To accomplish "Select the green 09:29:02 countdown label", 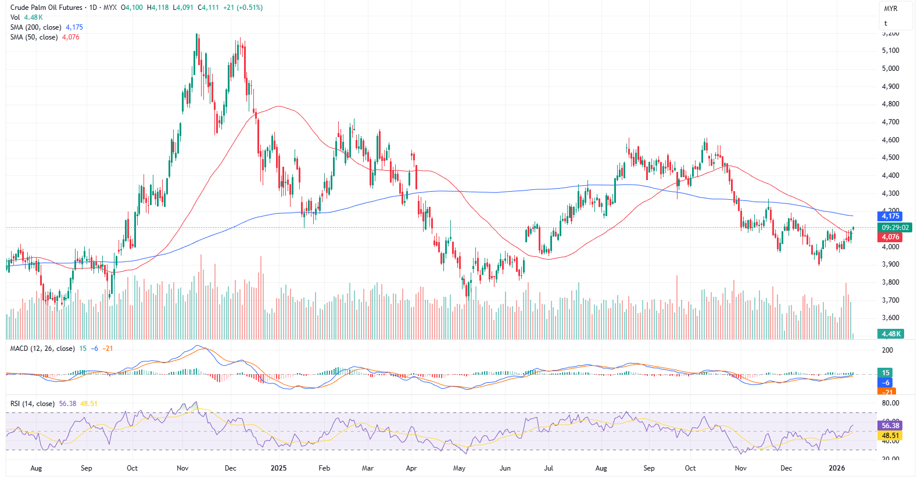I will tap(895, 228).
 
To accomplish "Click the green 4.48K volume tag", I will tap(891, 334).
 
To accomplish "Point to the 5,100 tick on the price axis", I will tap(890, 51).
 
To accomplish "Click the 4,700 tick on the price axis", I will tap(890, 122).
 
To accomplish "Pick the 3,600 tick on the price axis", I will tap(890, 318).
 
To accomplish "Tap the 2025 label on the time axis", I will tap(278, 468).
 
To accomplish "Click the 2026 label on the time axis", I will tap(837, 468).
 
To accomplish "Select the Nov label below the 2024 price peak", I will tap(182, 468).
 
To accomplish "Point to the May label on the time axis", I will tap(459, 468).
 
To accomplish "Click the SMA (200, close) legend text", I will tap(35, 27).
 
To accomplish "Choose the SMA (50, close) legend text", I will tap(34, 37).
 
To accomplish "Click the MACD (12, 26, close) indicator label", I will tap(42, 349).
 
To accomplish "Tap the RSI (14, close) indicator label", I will tap(33, 404).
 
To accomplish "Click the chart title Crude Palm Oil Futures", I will tap(46, 8).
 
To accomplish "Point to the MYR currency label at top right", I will tap(890, 9).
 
